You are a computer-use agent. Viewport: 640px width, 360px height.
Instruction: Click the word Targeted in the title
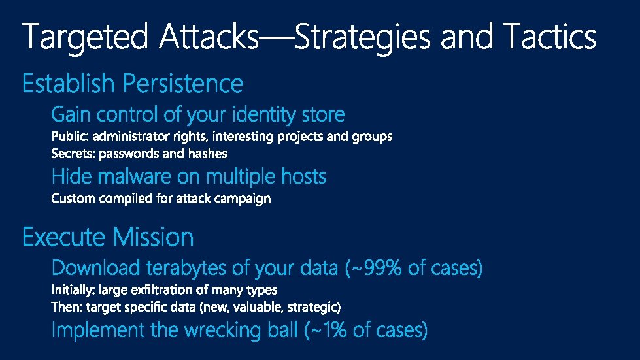86,37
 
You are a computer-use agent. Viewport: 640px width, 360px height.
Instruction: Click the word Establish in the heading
69,84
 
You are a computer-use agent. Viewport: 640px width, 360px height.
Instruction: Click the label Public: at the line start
70,137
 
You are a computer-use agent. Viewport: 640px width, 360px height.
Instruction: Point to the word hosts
304,176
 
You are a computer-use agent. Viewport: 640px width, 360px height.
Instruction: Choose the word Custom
73,198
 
